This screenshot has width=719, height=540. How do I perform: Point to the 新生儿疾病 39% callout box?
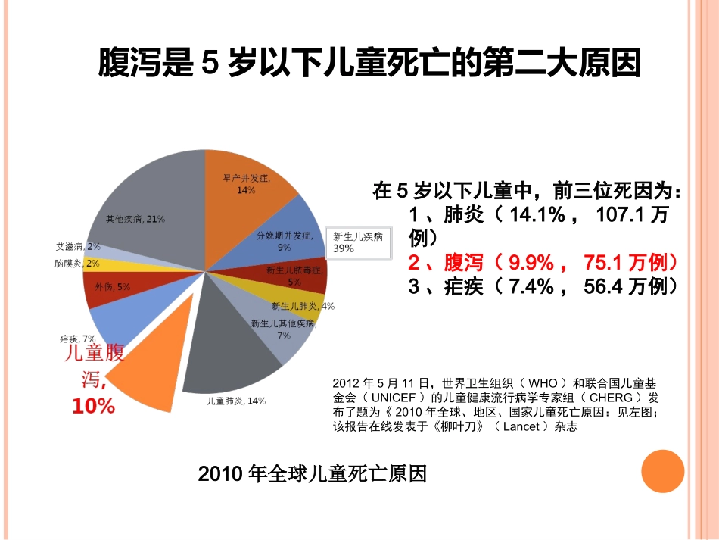(x=358, y=242)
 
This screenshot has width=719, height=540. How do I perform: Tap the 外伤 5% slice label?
(x=112, y=287)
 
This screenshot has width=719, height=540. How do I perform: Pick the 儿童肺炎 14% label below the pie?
(x=236, y=401)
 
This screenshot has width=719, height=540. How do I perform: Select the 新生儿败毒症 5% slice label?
(x=294, y=275)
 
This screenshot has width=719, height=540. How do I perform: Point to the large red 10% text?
(x=93, y=406)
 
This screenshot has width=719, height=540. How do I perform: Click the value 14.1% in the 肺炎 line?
(x=538, y=215)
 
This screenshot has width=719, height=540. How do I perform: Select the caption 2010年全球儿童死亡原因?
(x=312, y=474)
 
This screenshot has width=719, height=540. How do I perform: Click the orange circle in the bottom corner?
(x=662, y=471)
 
